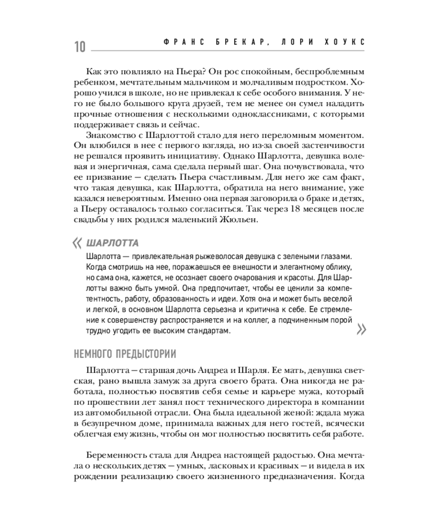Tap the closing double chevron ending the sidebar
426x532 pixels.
pos(361,330)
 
